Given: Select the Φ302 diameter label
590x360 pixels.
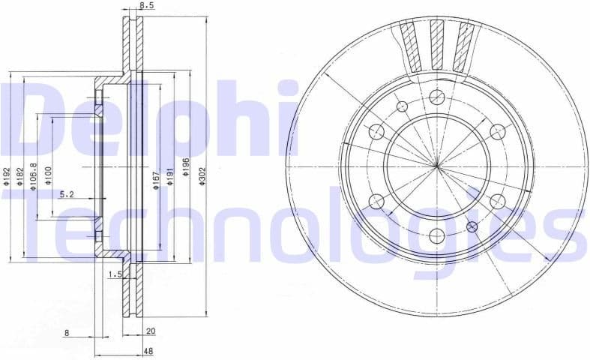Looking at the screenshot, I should coord(202,176).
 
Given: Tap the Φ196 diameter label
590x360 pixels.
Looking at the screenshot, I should coord(186,166).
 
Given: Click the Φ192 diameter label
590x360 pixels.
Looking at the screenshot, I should coord(6,176).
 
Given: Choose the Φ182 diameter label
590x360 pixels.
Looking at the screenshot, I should coord(19,176).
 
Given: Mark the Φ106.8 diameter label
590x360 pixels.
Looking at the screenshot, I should coord(34,175).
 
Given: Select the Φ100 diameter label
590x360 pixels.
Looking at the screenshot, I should coord(48,175).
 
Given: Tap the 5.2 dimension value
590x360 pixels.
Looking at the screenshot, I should coord(67,194).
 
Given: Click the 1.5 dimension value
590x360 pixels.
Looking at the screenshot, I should coord(115,274).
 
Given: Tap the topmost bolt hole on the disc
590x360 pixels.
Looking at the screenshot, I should coord(437,97).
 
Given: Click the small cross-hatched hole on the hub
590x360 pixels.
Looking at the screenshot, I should coord(472,226).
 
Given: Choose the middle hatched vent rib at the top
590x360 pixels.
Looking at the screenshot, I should coord(437,44).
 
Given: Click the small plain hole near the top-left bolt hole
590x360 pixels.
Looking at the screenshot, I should coord(401,105).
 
